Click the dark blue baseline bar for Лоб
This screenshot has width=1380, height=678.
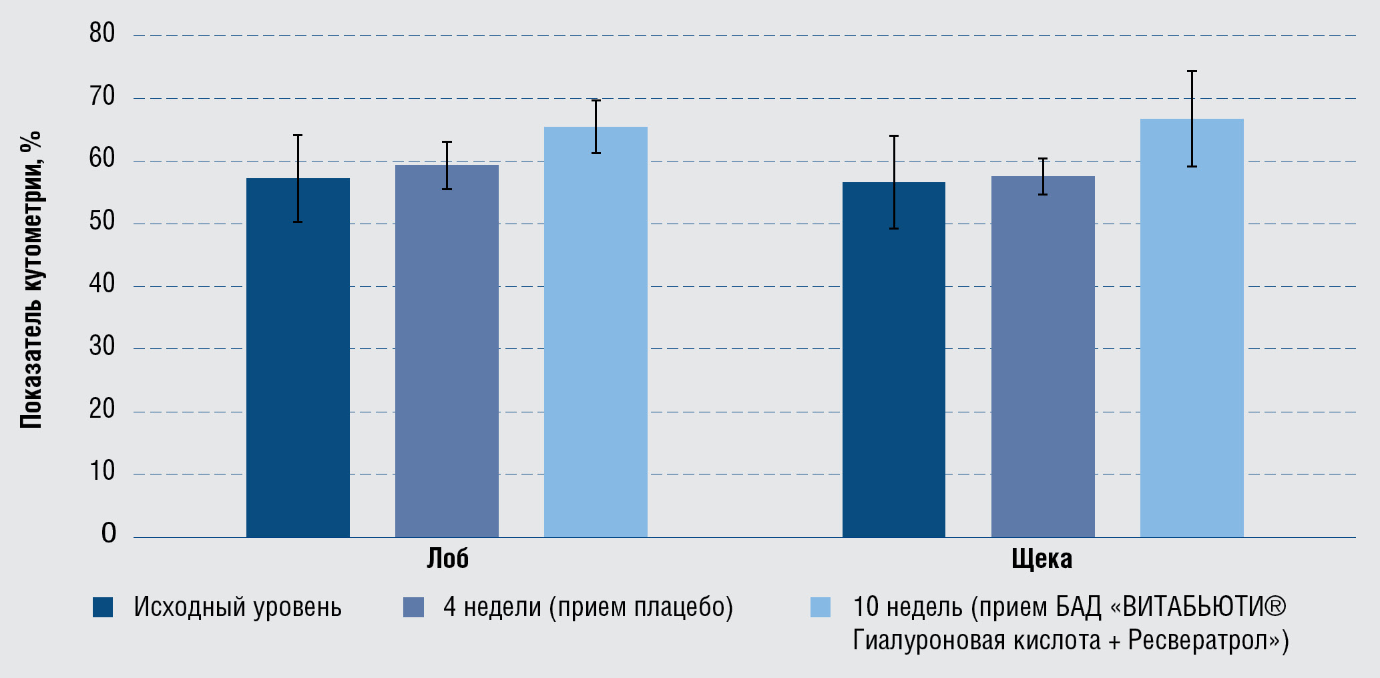coord(298,358)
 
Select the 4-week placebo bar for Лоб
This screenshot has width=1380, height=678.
coord(447,351)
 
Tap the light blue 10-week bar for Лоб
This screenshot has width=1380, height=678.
coord(596,332)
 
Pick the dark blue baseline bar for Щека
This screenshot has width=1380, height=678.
coord(893,360)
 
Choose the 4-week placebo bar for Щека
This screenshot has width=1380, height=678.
coord(1043,357)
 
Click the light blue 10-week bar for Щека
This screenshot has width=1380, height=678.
coord(1192,328)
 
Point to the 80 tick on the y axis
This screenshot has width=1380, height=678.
coord(102,33)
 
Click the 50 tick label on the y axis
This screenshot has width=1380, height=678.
coord(102,222)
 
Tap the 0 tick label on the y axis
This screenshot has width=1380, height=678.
coord(109,533)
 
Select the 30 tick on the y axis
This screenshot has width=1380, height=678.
coord(102,346)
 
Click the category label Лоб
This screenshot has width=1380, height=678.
coord(447,559)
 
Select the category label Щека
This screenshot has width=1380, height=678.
coord(1042,559)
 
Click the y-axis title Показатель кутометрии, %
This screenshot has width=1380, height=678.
coord(31,280)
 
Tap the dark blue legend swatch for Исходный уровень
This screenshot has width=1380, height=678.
coord(103,607)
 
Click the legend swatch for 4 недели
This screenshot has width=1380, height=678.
coord(413,607)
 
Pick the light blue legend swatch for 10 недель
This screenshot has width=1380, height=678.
coord(820,607)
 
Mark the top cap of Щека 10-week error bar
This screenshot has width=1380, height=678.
coord(1192,71)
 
